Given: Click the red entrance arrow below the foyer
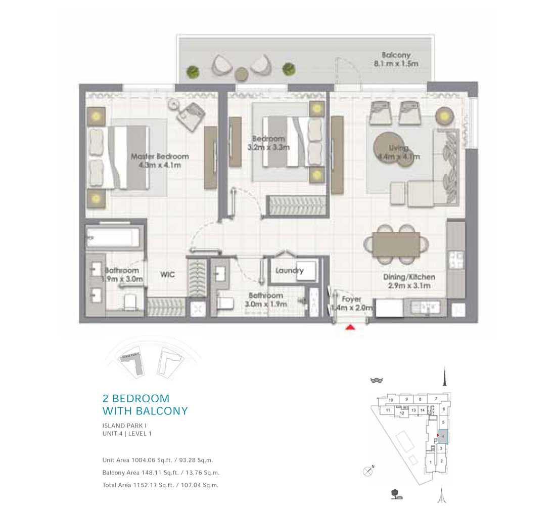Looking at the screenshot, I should point(350,328).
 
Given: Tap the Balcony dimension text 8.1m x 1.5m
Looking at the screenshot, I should point(396,64).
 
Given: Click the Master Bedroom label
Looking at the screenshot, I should point(160,156).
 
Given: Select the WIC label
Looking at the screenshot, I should point(168,275).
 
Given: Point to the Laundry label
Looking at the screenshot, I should point(289,271).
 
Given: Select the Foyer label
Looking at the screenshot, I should point(351,300).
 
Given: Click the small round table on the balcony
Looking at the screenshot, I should point(242,74).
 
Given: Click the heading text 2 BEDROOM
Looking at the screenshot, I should point(136,398).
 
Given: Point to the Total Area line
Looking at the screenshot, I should point(160,485).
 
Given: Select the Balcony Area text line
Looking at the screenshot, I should point(161,473).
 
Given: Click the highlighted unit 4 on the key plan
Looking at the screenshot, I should point(443,435).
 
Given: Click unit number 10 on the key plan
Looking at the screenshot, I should point(391,400).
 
